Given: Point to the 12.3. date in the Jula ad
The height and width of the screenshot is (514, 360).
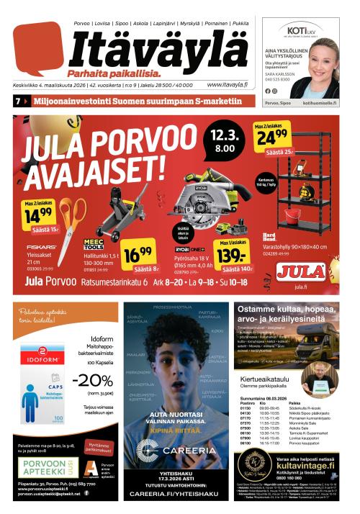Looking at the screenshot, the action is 221,135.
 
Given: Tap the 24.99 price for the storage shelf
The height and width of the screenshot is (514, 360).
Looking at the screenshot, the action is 272,137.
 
